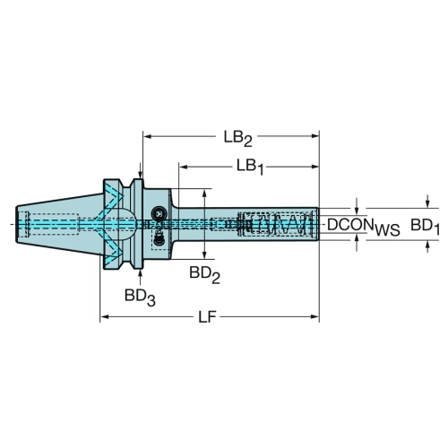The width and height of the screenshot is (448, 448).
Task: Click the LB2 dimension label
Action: pos(238,139)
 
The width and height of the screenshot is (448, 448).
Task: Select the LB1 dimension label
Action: pos(250,168)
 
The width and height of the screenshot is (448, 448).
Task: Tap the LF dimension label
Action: pos(207,316)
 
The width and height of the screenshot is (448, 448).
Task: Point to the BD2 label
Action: pos(204,275)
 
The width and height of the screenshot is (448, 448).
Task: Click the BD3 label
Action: pos(140,297)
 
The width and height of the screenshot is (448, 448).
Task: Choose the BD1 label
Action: pos(425,227)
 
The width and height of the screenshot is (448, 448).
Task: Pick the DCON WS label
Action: pos(364,227)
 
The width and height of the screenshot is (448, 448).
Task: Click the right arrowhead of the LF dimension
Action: pos(315,316)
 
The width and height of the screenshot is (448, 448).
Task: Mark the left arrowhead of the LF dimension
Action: pos(104,316)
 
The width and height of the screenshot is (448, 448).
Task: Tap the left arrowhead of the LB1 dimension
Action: pos(183,167)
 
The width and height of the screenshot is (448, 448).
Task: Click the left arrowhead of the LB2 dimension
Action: pos(147,136)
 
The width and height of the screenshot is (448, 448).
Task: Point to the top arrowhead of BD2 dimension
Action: pos(204,194)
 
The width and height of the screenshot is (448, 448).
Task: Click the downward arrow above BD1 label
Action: pos(427,202)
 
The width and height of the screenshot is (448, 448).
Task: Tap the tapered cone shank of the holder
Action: pos(57,224)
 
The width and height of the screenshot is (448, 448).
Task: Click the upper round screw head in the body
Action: pos(158,213)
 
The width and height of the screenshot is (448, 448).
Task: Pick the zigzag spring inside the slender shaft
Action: pos(278,224)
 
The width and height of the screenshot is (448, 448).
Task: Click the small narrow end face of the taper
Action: pos(16,224)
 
